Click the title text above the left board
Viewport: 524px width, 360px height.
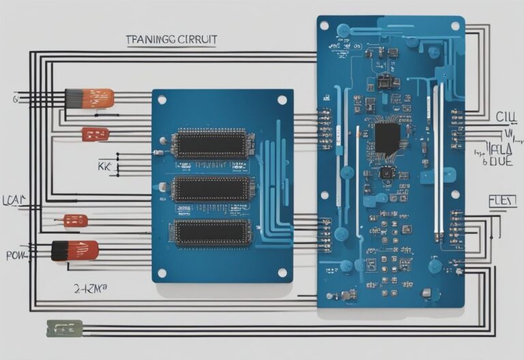click(x=171, y=40)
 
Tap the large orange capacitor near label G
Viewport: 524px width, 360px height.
click(x=89, y=98)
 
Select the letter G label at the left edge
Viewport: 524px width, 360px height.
click(x=14, y=100)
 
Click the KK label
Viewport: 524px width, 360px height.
click(x=104, y=166)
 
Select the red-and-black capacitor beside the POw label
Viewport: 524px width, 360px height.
click(x=75, y=251)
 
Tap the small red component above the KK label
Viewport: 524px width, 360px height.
click(x=95, y=134)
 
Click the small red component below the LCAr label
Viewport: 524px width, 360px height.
click(x=76, y=220)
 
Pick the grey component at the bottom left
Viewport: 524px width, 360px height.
click(x=64, y=328)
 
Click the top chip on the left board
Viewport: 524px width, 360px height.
click(x=213, y=144)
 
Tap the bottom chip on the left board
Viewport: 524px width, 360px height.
click(x=213, y=232)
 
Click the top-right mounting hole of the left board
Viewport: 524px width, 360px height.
click(x=282, y=100)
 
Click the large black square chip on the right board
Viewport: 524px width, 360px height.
click(x=387, y=138)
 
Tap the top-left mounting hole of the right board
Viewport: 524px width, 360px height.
click(x=325, y=26)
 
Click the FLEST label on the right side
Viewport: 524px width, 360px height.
click(x=501, y=201)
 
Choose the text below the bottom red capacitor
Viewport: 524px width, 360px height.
click(x=90, y=288)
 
